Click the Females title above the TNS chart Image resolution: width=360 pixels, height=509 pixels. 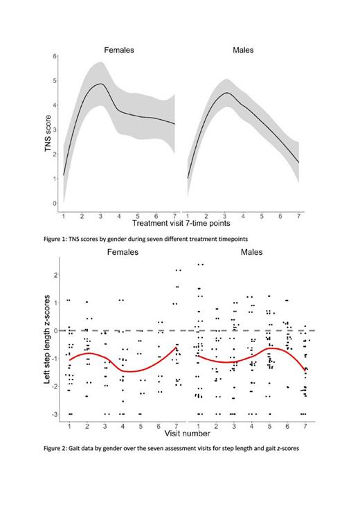(119, 51)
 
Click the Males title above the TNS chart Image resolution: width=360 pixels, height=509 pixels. (243, 51)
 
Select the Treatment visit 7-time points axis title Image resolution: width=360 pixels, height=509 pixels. (181, 224)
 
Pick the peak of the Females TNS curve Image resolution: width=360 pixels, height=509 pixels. (100, 84)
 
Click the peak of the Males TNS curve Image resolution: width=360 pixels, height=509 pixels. (227, 93)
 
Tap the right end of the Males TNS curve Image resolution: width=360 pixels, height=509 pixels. (298, 163)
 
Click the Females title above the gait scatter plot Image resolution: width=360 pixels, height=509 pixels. (122, 252)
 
